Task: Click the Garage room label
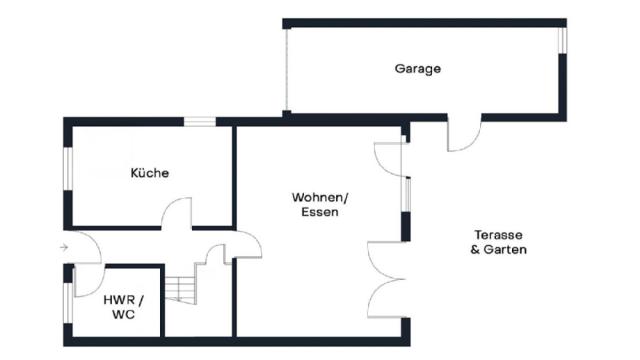[418, 69]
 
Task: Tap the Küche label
[150, 173]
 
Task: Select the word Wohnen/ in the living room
[320, 198]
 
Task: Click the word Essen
[320, 212]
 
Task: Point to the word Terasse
[498, 235]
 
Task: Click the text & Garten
[498, 249]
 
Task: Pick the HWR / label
[123, 300]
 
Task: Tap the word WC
[123, 315]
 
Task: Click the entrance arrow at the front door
[64, 247]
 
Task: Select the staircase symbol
[181, 290]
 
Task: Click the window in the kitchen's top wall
[200, 121]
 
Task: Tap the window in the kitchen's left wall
[68, 168]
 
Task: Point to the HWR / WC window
[68, 302]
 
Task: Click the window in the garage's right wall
[562, 40]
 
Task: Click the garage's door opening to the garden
[464, 136]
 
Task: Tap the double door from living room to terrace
[386, 280]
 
